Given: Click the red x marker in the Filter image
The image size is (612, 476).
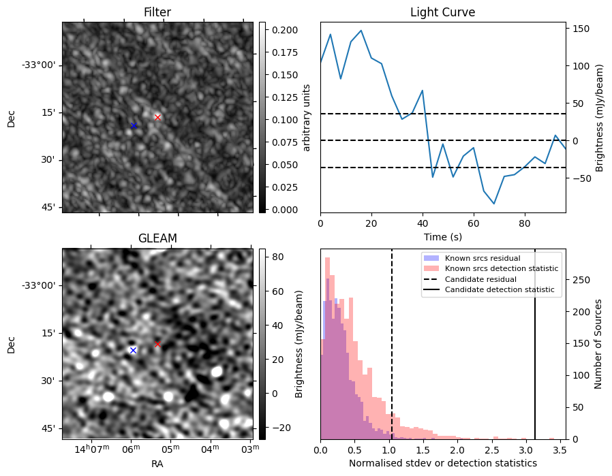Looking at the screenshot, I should point(157,117).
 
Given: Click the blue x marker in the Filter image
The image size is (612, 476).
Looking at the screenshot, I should point(134,125).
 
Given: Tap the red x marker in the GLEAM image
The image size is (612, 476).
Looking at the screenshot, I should point(157,344).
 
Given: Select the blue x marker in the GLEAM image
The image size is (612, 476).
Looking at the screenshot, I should point(133,350).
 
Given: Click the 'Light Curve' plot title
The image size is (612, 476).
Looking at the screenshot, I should point(442,13).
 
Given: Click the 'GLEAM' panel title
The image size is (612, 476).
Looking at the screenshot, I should point(157,238).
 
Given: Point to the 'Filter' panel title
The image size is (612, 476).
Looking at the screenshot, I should point(157,13).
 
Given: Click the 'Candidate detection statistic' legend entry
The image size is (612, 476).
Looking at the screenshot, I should point(499,290).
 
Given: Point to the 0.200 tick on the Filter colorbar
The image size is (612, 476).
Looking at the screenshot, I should point(282,30).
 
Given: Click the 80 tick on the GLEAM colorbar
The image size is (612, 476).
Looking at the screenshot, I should point(277,257).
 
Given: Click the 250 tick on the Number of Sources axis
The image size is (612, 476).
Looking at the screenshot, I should point(579,281).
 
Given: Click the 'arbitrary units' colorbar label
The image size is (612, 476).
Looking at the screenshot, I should point(307,117).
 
